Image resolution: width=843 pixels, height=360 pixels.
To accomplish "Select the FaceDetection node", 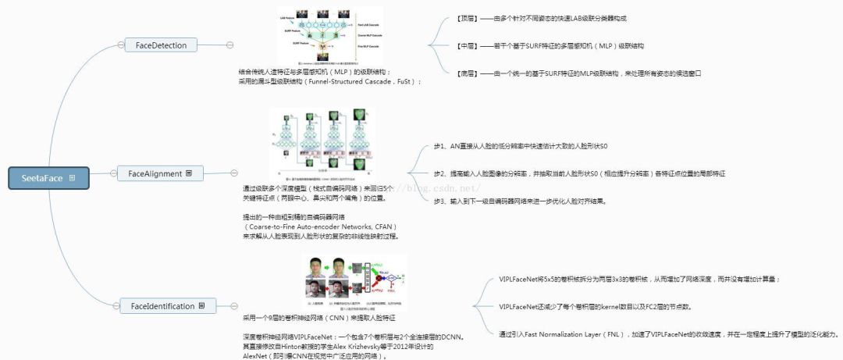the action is pyautogui.click(x=161, y=45).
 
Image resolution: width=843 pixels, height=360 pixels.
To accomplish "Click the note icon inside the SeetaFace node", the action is pyautogui.click(x=73, y=179).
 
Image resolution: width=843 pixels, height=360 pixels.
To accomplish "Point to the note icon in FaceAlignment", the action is pyautogui.click(x=189, y=173).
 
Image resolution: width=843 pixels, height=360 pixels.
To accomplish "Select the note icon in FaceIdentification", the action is pyautogui.click(x=202, y=306).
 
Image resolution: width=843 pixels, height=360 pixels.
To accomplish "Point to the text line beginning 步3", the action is pyautogui.click(x=519, y=201).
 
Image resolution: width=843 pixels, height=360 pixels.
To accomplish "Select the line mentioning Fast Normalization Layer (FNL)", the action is pyautogui.click(x=668, y=333).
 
